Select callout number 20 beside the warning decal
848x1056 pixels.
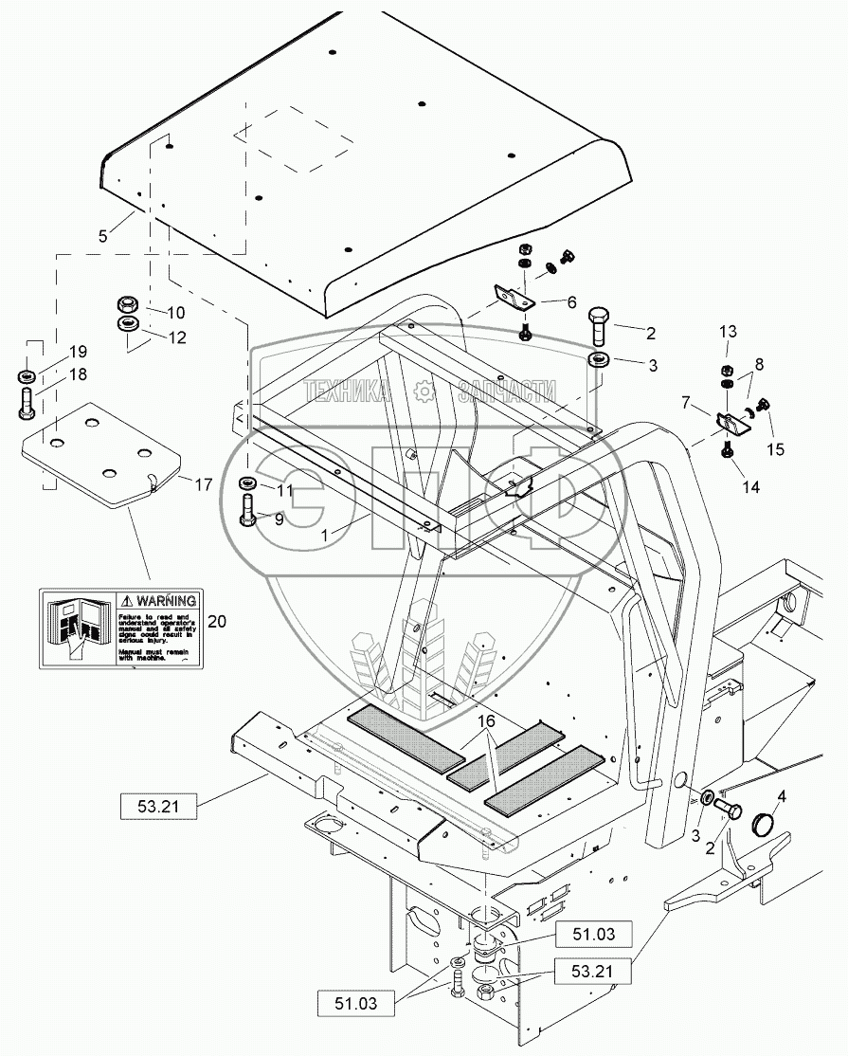tap(217, 622)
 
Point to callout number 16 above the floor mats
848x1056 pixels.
tap(487, 721)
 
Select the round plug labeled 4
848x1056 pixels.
tap(763, 821)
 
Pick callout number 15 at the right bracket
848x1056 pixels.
tap(776, 449)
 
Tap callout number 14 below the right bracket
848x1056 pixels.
tap(750, 488)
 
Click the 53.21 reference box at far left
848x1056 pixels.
tap(157, 807)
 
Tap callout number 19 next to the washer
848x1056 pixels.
tap(77, 352)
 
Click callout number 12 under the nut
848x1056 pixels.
tap(177, 337)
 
